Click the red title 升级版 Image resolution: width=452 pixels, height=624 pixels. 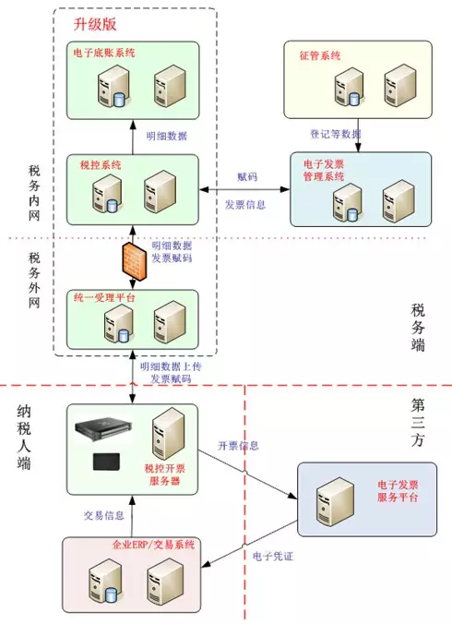click(x=95, y=24)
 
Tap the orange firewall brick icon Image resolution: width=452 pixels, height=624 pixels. click(x=133, y=260)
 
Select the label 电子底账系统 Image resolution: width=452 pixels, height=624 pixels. click(x=104, y=53)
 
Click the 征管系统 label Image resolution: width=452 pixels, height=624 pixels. click(x=320, y=55)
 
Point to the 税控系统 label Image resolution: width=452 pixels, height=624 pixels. click(x=101, y=164)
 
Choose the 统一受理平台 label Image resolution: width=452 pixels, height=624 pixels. click(x=104, y=297)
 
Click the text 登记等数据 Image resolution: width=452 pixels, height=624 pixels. click(x=336, y=134)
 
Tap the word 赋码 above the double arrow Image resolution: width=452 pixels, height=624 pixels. click(x=247, y=176)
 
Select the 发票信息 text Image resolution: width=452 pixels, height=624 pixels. click(x=244, y=205)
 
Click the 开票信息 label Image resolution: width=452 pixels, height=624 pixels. click(x=238, y=445)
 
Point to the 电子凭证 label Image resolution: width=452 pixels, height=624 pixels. click(x=273, y=556)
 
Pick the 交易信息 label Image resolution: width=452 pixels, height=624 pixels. click(x=103, y=515)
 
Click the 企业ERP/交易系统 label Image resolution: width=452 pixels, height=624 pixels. click(x=153, y=544)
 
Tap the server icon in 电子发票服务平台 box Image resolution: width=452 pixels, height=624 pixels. click(x=335, y=501)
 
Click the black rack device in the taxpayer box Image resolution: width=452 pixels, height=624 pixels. click(x=103, y=427)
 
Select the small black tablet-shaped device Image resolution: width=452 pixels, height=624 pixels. click(x=106, y=462)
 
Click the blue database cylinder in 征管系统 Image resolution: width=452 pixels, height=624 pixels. click(x=354, y=99)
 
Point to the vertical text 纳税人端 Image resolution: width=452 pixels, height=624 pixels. click(x=24, y=437)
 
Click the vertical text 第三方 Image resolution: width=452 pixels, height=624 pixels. click(x=418, y=422)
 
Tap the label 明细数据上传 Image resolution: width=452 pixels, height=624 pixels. click(x=171, y=366)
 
